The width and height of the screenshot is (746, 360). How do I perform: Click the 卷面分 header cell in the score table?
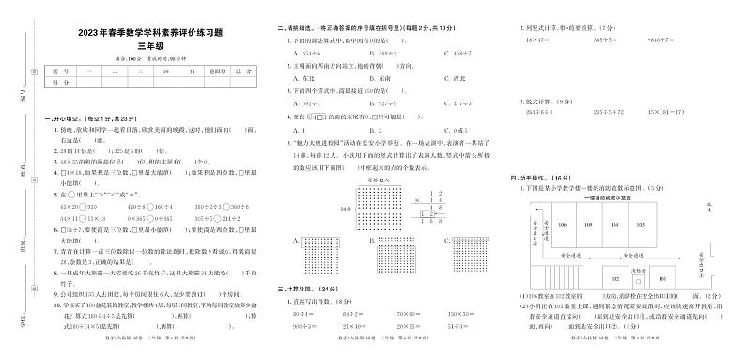pos(218,70)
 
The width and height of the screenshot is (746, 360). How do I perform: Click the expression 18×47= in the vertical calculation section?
pos(539,40)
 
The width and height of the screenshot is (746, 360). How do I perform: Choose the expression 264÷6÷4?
pos(541,111)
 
